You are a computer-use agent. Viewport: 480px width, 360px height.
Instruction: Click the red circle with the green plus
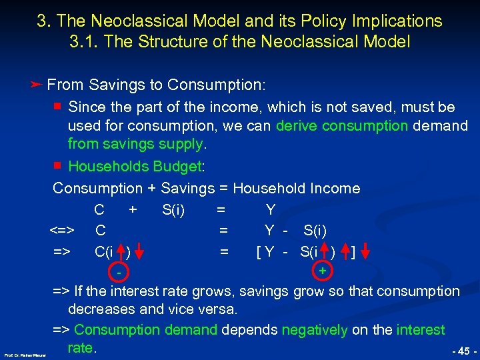[322, 271]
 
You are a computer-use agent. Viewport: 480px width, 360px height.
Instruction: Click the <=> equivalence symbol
[61, 231]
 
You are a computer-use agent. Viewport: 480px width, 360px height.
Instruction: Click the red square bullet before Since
[58, 107]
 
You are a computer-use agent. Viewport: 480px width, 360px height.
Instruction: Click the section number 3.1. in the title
[83, 41]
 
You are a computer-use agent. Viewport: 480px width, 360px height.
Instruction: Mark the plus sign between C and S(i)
[133, 210]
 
